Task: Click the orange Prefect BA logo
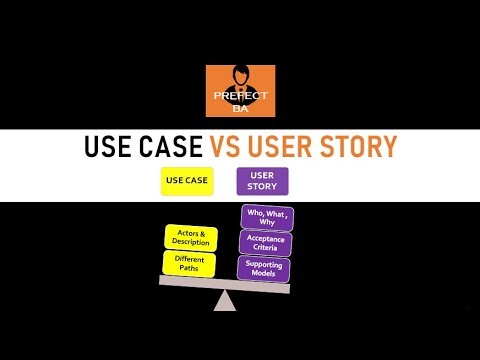[240, 92]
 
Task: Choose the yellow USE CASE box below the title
[186, 182]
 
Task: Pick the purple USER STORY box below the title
[262, 181]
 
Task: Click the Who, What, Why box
[265, 217]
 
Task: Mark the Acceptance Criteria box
[265, 241]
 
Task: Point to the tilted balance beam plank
[225, 284]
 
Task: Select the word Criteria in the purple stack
[265, 247]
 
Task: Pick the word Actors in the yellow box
[185, 233]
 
